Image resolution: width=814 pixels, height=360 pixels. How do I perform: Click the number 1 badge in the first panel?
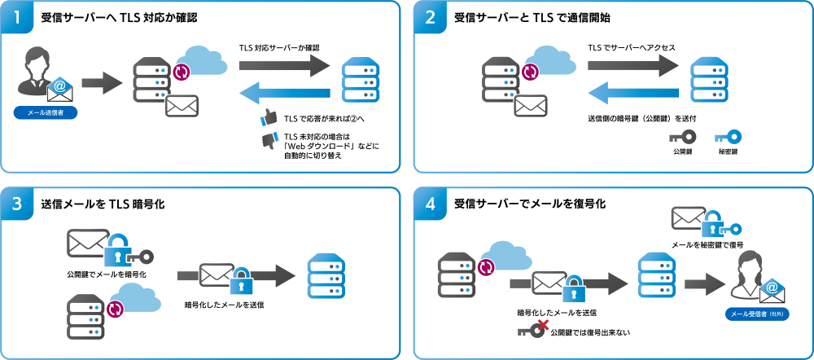click(17, 17)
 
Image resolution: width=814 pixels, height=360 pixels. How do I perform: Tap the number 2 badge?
click(431, 17)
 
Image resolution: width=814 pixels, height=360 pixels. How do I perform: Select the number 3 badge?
click(17, 204)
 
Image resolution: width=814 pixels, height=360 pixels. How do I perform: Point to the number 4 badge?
click(431, 204)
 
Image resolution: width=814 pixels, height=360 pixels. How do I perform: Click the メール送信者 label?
click(46, 112)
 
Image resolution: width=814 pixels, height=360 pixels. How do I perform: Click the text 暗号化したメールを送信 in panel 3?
click(225, 305)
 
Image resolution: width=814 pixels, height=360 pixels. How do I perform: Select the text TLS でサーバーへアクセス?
click(632, 48)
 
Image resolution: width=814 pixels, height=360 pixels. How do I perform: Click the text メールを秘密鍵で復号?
click(707, 244)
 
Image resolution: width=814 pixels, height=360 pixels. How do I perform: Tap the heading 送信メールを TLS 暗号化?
click(103, 204)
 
